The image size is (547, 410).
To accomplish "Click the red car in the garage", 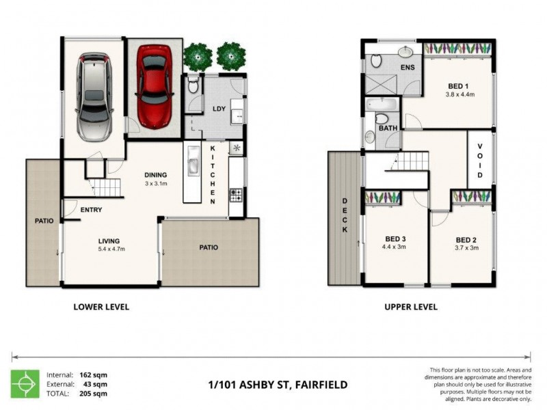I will (155, 85).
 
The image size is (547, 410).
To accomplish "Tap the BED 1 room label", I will (457, 86).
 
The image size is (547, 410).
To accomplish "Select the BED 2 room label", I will (466, 240).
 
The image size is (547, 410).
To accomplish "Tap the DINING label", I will (157, 174).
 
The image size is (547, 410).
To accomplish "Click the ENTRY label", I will (91, 210).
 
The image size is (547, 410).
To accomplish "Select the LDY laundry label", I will (219, 109).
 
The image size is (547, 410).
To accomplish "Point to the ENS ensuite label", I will (408, 68).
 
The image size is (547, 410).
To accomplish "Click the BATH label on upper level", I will (388, 128).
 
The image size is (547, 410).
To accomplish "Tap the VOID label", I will (480, 161).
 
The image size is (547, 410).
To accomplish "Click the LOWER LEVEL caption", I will (101, 307).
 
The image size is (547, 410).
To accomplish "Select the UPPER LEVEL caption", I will (410, 307).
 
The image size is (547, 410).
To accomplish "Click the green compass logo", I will (25, 384).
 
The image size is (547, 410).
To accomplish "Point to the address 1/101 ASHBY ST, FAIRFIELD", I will (277, 385).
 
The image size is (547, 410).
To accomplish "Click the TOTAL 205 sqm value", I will (96, 394).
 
